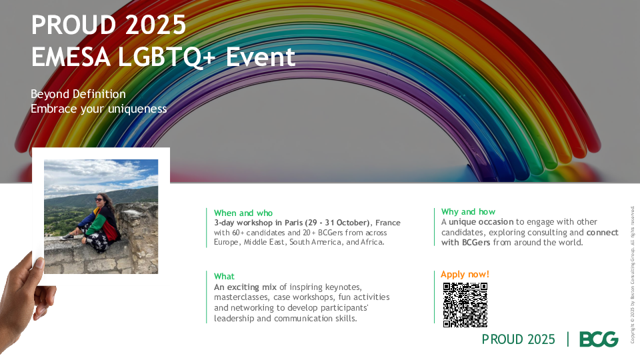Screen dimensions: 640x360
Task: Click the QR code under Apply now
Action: coord(465,305)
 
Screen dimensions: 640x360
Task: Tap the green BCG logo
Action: coord(599,339)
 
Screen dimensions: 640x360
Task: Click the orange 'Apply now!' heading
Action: coord(465,274)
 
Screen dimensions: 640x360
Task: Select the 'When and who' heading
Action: coord(243,213)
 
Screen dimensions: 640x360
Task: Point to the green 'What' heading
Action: coord(224,276)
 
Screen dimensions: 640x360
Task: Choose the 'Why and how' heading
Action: coord(468,212)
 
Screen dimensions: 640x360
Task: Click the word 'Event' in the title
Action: coord(261,57)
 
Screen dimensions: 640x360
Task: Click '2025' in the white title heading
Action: coord(155,25)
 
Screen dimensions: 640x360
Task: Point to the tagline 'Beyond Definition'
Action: coord(78,94)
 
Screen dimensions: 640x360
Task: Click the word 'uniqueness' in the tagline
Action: coord(137,109)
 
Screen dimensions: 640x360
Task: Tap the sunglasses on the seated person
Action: coord(99,199)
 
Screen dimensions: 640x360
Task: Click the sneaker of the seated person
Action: coord(67,237)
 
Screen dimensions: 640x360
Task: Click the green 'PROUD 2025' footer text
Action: coord(519,339)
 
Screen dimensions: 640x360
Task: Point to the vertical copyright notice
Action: coord(632,274)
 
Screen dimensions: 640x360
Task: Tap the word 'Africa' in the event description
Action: coord(372,242)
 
